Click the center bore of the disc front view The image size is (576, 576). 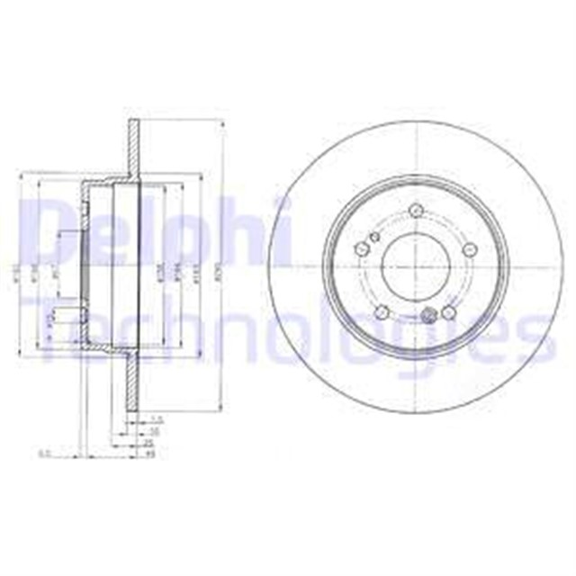click(x=416, y=264)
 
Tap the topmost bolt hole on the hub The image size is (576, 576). click(x=416, y=211)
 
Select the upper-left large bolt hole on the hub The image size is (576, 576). click(x=363, y=249)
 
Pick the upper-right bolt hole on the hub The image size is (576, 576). click(x=468, y=250)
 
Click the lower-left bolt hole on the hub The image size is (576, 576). click(x=382, y=311)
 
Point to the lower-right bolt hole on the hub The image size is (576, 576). click(x=447, y=312)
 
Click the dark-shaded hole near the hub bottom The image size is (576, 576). click(x=428, y=316)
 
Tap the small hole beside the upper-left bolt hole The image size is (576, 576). click(x=374, y=238)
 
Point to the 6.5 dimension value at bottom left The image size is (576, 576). click(x=44, y=454)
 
